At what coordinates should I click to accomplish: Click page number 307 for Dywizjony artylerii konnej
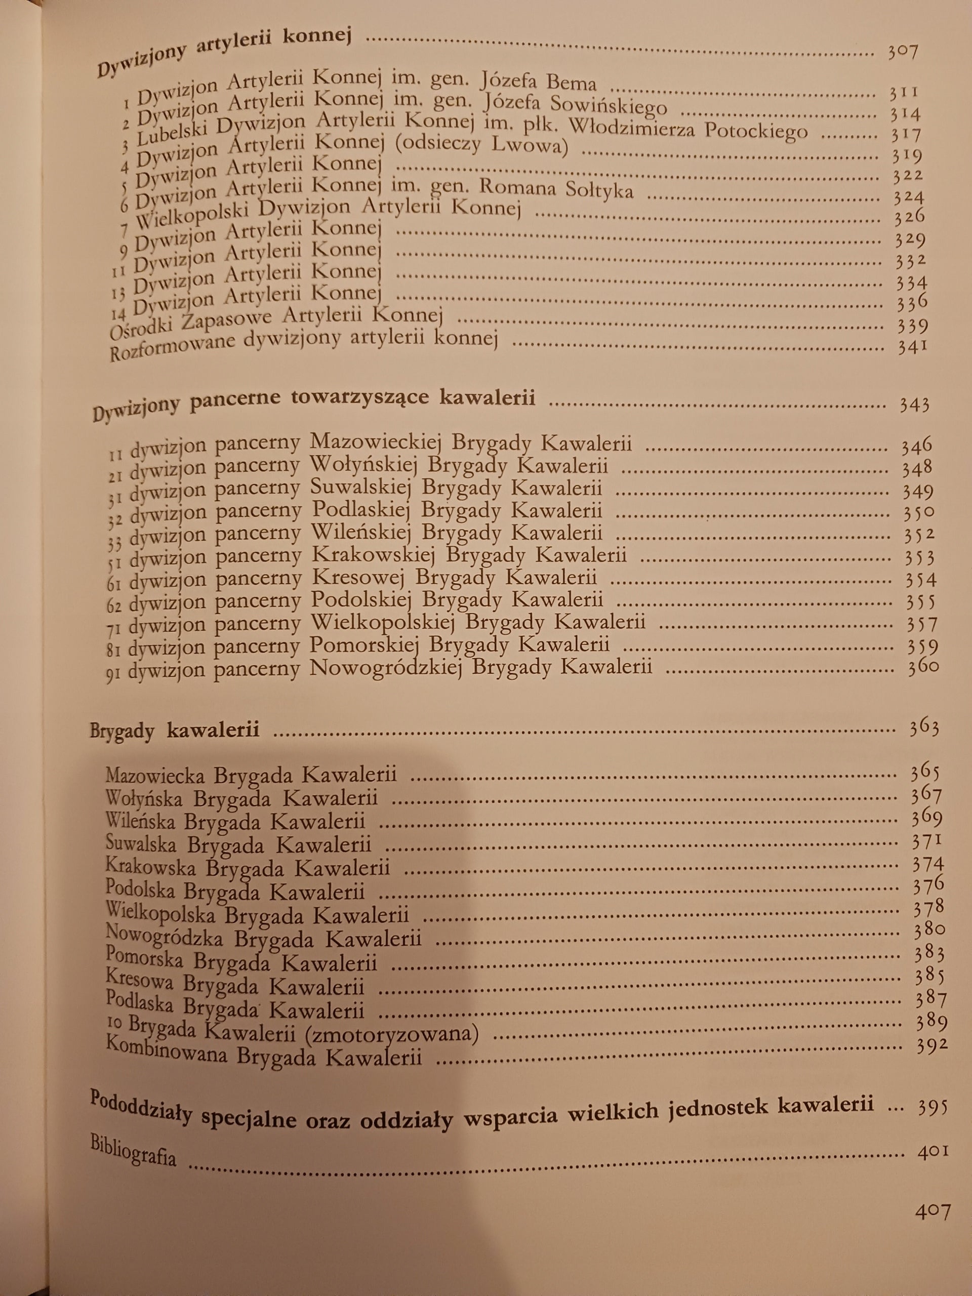pos(902,52)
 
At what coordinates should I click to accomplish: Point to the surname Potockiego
pos(756,130)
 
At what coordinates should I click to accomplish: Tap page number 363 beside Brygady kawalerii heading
pos(924,727)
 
